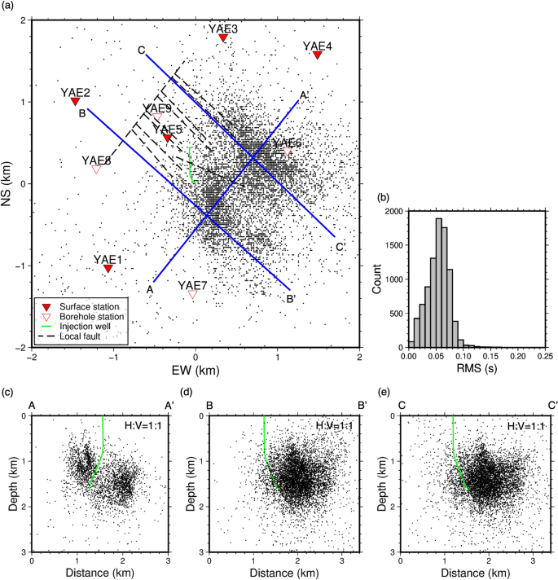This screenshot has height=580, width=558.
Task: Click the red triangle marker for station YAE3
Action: (x=222, y=37)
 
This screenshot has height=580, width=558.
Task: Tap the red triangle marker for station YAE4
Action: (x=318, y=55)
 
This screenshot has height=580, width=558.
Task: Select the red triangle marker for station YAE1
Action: (x=108, y=268)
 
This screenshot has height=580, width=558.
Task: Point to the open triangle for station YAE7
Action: (x=192, y=295)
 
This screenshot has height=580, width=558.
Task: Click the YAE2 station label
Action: (x=76, y=92)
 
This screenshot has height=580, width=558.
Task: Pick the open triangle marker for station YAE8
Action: (x=96, y=169)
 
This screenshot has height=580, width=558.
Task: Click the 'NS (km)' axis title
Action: (x=8, y=183)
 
